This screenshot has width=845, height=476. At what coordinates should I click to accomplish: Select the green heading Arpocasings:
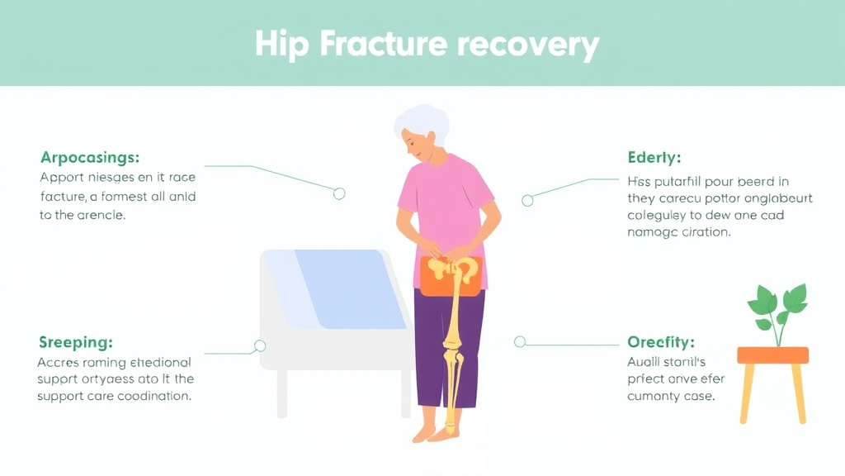coord(90,157)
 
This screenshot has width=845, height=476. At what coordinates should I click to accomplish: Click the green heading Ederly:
coord(654,158)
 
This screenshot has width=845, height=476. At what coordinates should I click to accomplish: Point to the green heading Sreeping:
coord(76,342)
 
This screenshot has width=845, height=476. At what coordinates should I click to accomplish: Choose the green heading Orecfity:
coord(661,342)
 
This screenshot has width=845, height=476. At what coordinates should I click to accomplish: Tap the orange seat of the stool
coord(772,355)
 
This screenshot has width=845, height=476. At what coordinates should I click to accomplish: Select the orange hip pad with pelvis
coord(451,275)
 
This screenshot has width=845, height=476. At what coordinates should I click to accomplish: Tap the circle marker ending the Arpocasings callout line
coord(338,193)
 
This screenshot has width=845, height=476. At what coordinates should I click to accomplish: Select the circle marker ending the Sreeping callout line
coord(260,345)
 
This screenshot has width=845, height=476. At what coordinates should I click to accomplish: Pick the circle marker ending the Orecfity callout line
coord(520,341)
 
